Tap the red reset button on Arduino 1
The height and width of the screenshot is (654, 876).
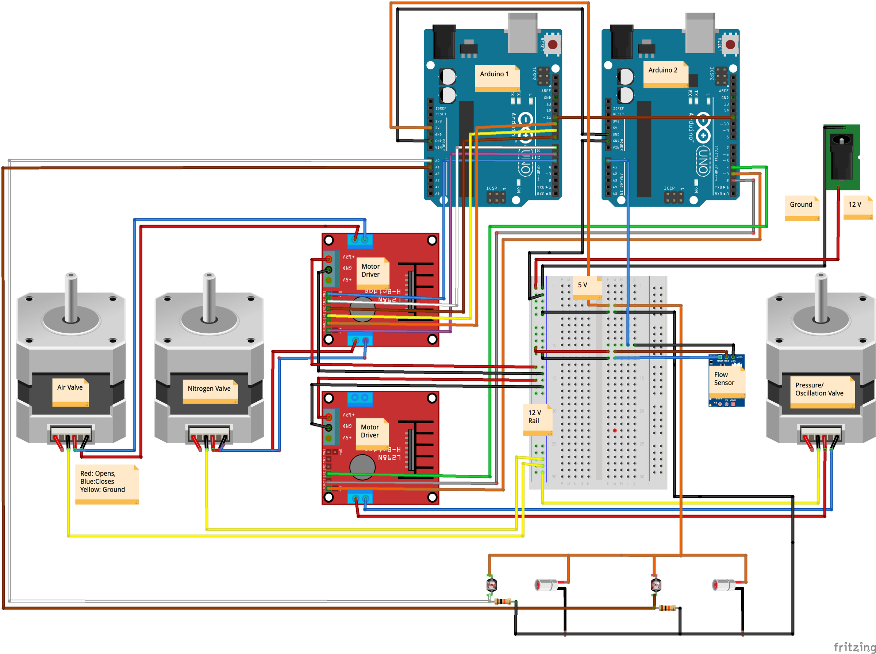pyautogui.click(x=553, y=44)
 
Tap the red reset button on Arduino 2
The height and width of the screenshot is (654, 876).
pyautogui.click(x=730, y=44)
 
